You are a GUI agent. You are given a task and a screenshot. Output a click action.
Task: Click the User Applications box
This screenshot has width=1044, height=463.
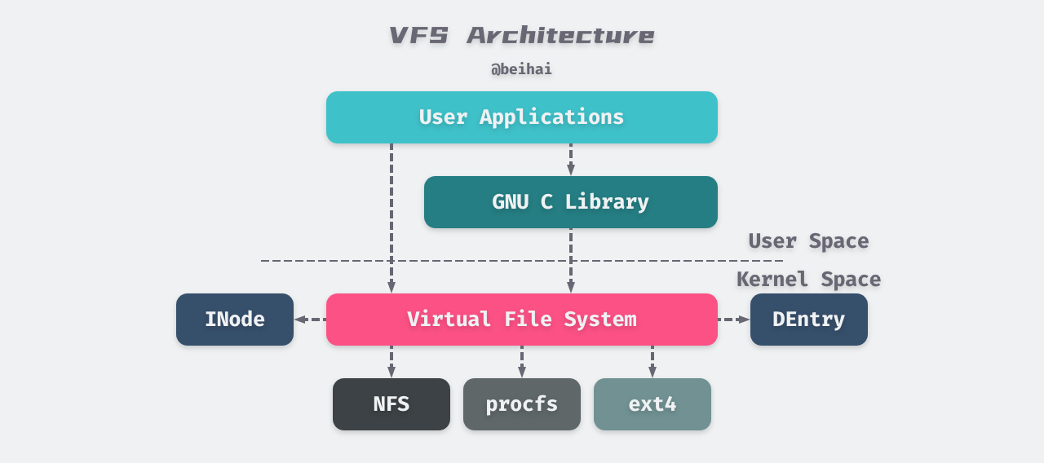522,117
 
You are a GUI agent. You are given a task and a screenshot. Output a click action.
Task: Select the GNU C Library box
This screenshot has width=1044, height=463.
571,202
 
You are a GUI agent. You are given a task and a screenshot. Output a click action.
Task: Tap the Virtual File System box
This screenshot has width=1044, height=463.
522,320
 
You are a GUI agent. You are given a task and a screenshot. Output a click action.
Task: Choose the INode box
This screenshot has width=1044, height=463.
235,320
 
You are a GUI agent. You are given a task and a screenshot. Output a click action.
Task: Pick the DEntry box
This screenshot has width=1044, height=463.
808,320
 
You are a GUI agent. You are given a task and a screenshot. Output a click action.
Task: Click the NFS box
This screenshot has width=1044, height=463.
391,404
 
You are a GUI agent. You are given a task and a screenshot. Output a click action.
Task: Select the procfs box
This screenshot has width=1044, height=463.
522,404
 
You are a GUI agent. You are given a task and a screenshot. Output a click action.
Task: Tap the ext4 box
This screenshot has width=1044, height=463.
652,404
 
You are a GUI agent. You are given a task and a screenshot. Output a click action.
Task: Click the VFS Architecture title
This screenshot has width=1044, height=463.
522,36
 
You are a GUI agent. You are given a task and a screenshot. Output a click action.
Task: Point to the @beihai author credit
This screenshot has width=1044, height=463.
522,69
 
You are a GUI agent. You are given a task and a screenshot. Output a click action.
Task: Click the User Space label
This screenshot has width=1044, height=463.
808,241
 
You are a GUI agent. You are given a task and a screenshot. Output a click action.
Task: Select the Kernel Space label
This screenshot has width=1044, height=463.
808,280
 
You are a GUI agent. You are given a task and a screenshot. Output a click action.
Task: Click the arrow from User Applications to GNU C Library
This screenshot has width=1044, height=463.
571,161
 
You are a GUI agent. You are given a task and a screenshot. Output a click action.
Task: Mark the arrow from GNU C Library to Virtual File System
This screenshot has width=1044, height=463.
571,261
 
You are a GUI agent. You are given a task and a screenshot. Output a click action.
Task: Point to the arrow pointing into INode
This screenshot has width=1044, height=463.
310,320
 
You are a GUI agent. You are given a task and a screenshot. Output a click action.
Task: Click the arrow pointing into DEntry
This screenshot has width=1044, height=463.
734,320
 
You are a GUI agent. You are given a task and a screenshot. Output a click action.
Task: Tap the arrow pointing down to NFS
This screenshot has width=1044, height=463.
391,362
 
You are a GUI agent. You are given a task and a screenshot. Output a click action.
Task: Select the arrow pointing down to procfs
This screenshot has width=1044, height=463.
522,362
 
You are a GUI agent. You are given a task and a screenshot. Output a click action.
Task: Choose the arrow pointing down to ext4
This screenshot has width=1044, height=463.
652,362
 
